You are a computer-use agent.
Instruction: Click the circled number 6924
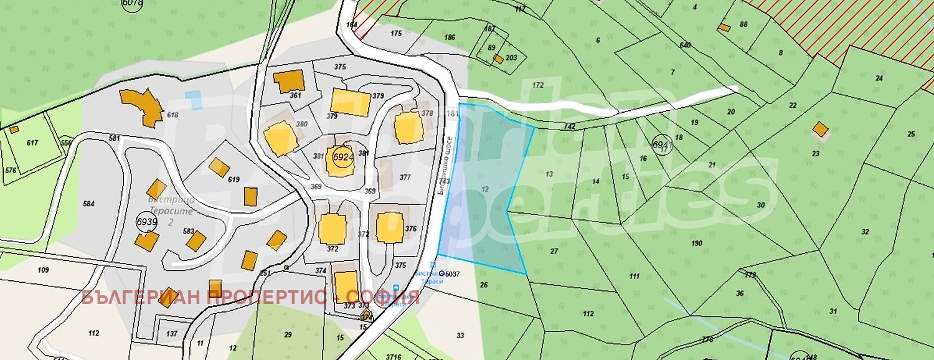coord(343,156)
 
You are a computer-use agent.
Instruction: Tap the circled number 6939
coord(147,222)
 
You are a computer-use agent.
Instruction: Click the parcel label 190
coord(697,244)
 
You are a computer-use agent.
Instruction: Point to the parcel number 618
coord(173,115)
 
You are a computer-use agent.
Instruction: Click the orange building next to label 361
coord(289,81)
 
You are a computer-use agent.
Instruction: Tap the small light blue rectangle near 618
coord(194,100)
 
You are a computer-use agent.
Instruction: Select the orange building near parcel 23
coord(821,130)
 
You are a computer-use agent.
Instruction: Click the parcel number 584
coord(88,204)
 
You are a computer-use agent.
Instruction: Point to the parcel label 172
coord(538,85)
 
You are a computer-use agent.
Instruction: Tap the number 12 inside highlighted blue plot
coord(485,188)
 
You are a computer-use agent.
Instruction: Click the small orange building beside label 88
coord(724,27)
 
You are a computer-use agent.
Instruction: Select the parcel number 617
coord(32,143)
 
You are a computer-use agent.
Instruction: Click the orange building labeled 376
coord(390,227)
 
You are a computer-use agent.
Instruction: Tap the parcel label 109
coord(43,270)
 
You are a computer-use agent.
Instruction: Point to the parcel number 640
coord(686,45)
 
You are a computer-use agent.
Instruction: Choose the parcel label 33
coord(460,335)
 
